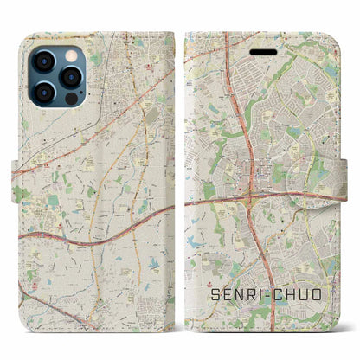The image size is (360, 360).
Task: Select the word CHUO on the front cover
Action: (304, 296)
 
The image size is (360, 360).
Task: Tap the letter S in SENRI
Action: (215, 296)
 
